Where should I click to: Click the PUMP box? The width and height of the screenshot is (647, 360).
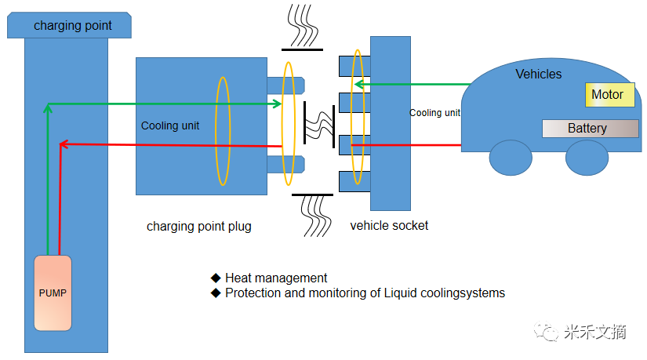coord(53,293)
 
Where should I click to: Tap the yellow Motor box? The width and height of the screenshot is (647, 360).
coord(607,95)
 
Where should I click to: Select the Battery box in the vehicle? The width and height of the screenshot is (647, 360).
coord(590,129)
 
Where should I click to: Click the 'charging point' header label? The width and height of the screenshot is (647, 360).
coord(72,26)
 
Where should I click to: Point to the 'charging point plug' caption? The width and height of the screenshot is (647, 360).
coord(199,227)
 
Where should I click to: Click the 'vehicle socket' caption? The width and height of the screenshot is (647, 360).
coord(389,226)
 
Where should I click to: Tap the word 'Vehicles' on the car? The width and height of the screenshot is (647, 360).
coord(538,75)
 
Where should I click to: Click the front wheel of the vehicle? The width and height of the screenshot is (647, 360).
coord(510,158)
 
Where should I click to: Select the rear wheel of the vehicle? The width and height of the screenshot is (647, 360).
coord(587,158)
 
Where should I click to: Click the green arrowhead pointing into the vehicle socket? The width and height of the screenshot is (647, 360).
coord(358,84)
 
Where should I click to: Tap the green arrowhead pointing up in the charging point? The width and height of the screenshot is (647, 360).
coord(49,108)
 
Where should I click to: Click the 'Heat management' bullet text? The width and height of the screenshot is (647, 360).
coord(275,278)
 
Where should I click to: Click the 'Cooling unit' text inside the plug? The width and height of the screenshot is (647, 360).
coord(170,125)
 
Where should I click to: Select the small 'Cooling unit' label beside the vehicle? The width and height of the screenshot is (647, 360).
coord(434,113)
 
